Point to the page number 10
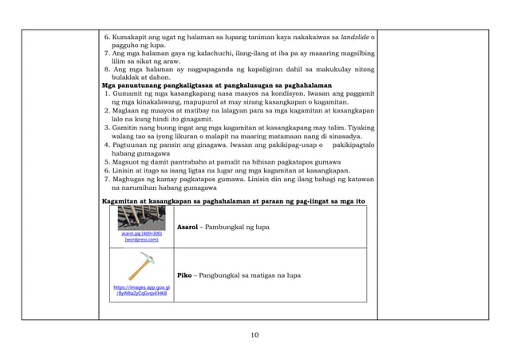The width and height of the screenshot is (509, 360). pos(254,334)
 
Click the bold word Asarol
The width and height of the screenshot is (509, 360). pos(188,227)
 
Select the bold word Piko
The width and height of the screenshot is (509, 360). pos(185,275)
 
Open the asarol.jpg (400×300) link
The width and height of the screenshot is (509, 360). pos(140,235)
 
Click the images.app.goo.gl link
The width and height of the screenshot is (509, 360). pos(140,291)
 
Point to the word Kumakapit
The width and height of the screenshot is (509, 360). pos(132,38)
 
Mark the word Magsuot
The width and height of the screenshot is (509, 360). pos(127,161)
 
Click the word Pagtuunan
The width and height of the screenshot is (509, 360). pos(131,145)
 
